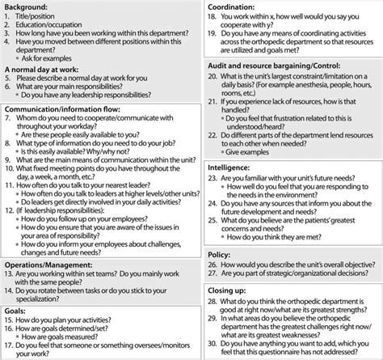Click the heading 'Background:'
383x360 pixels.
(28, 6)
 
